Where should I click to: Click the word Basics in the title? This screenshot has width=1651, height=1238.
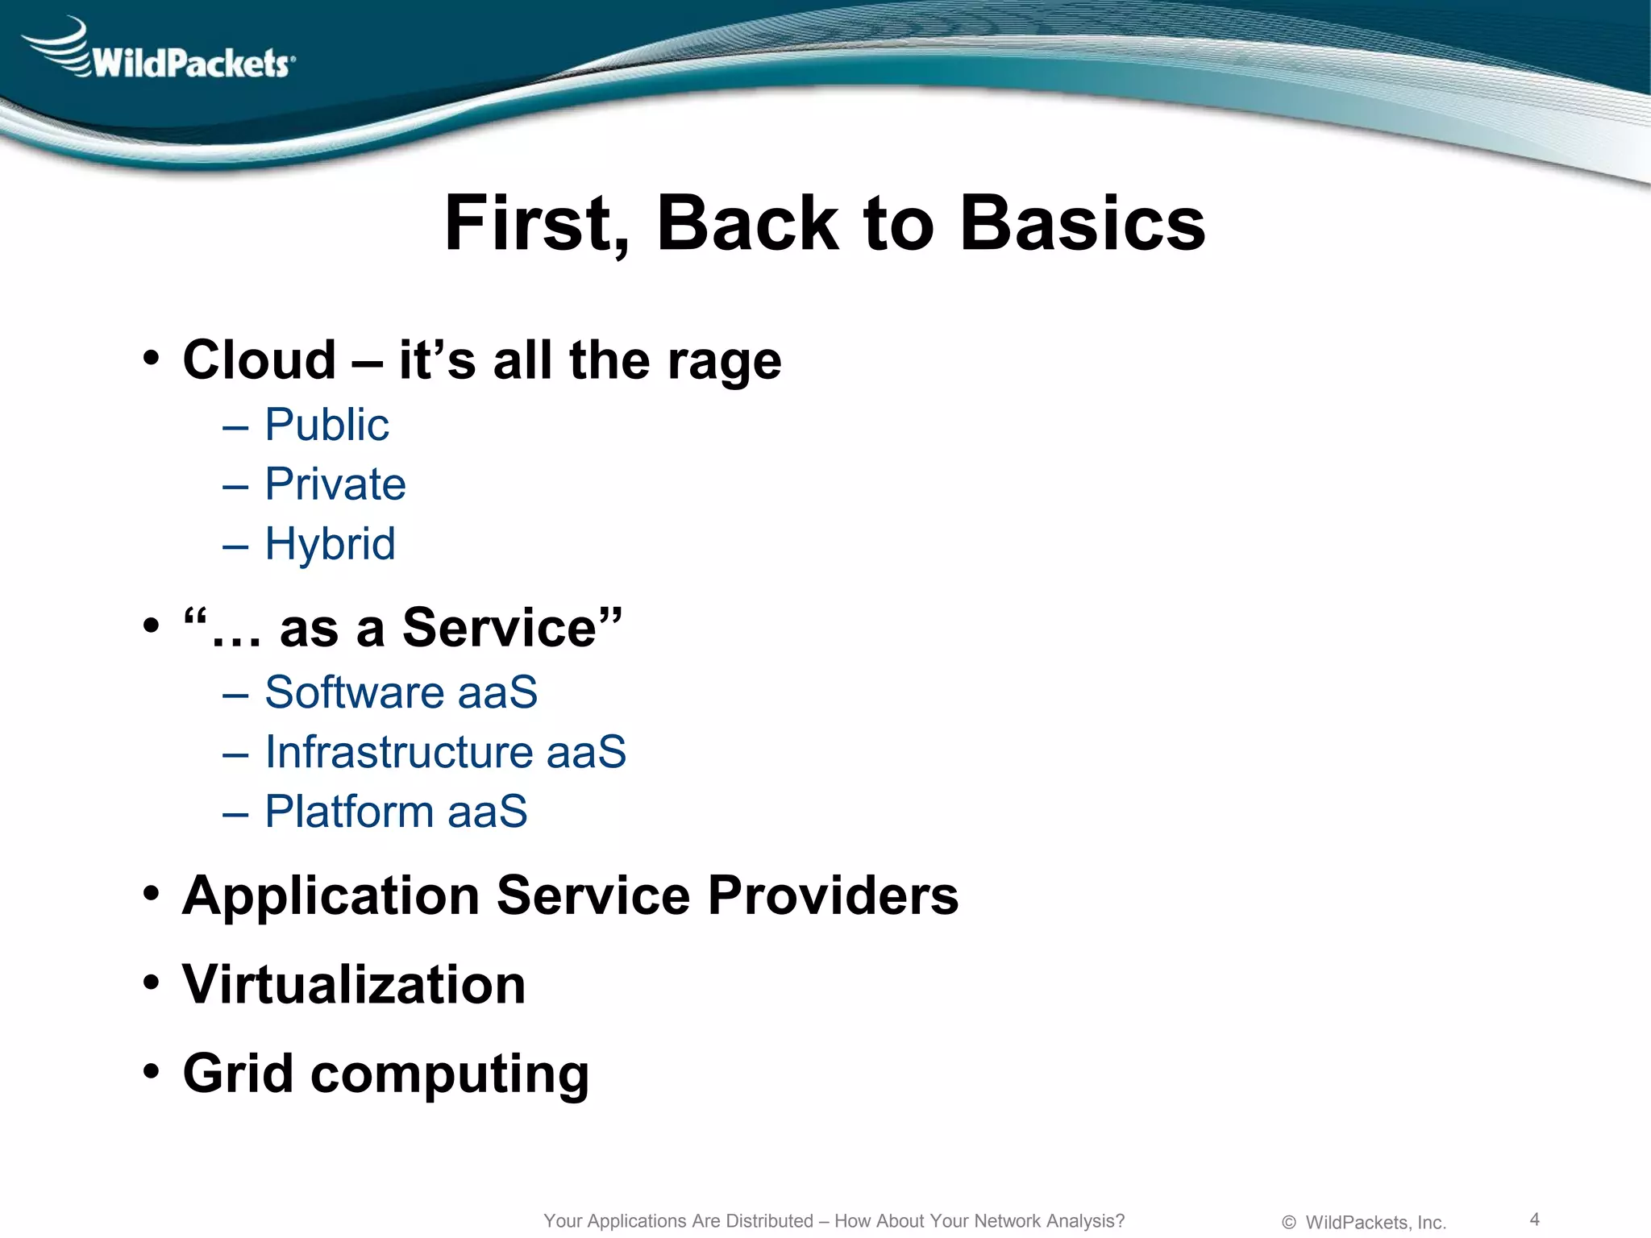[x=1082, y=224]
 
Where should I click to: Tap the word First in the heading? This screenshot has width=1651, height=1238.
[x=537, y=224]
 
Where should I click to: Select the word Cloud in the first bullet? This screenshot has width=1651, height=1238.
[x=259, y=360]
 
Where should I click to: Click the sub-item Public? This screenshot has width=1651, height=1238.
[x=326, y=425]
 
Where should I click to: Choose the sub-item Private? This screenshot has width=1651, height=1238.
[x=335, y=484]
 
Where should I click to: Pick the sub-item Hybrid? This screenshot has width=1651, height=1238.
[x=330, y=544]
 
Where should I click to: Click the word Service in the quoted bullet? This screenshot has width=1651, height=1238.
[x=500, y=628]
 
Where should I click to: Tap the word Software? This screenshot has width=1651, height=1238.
[x=355, y=692]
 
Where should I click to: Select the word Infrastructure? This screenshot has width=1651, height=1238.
[x=398, y=752]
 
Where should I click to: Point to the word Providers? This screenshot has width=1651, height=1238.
[x=833, y=895]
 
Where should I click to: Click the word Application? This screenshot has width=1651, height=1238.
[x=331, y=897]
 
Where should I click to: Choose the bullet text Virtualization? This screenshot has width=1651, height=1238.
[x=354, y=985]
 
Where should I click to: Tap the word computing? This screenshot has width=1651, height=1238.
[x=450, y=1075]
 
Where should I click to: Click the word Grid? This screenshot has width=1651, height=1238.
[x=238, y=1074]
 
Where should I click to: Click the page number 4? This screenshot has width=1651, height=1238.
[x=1534, y=1219]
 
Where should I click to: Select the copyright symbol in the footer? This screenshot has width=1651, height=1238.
[x=1288, y=1223]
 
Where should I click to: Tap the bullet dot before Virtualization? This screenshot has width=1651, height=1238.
[x=151, y=984]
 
